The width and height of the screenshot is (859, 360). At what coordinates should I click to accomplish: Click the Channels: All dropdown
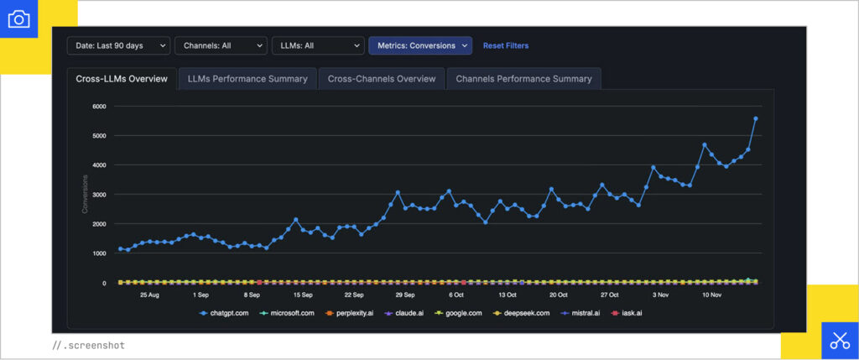point(221,45)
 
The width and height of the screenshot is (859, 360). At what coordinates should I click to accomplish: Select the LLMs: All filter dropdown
point(317,45)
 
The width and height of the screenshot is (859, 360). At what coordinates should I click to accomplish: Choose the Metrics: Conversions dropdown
point(420,45)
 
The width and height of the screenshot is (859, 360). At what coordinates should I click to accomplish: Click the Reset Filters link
point(506,45)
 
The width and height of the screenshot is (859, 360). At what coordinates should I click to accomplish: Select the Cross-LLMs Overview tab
point(122,79)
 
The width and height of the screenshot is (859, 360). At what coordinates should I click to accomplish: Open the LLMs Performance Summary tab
point(247,79)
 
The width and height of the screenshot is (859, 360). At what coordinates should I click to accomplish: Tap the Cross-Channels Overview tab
point(382,79)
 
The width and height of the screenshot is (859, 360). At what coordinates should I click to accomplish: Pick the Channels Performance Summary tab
point(523,79)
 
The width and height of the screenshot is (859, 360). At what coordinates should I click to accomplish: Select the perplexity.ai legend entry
point(348,313)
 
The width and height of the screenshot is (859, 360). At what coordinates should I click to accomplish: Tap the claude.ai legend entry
point(406,313)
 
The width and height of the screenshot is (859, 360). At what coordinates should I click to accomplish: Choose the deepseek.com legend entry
point(523,313)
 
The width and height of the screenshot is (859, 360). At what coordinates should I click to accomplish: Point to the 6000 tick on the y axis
point(99,107)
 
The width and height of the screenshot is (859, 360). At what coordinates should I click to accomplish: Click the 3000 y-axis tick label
point(99,195)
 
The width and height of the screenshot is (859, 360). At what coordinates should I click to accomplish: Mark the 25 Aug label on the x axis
point(149,295)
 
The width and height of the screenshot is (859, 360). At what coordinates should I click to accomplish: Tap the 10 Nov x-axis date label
point(712,295)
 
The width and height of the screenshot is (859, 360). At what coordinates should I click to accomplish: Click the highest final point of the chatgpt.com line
point(755,118)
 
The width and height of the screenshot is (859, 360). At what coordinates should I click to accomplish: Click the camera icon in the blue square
point(18,18)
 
